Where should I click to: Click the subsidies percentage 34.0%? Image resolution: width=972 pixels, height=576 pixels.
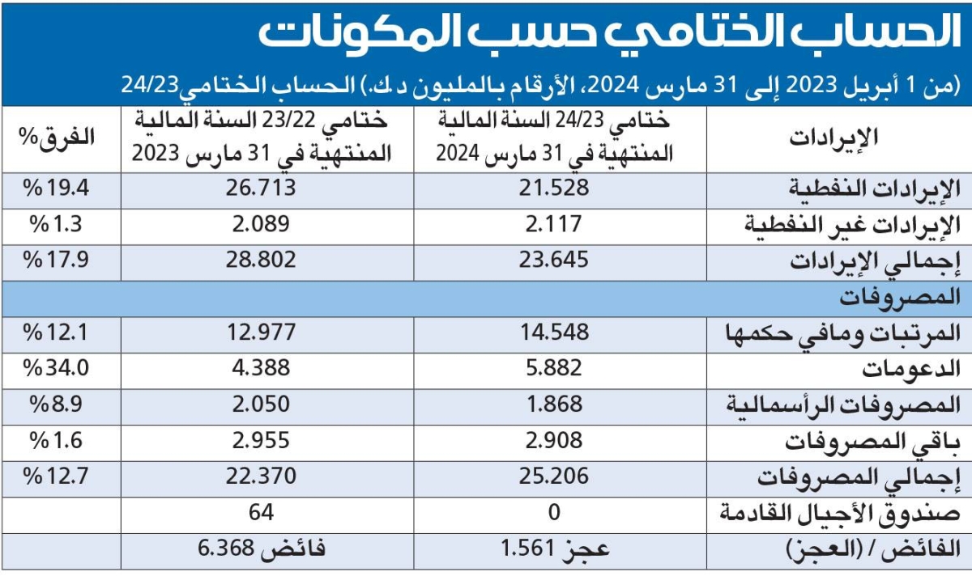tap(58, 368)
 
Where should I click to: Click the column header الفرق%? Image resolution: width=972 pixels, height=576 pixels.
tap(58, 137)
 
